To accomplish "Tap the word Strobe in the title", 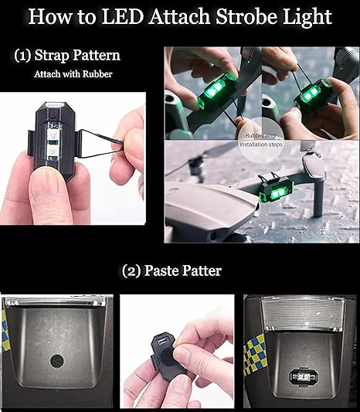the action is [x=245, y=16].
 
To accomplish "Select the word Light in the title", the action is [x=307, y=18].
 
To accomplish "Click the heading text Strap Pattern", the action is [x=77, y=56].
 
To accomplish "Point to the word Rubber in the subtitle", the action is [x=97, y=74].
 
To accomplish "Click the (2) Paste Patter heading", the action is [x=172, y=271].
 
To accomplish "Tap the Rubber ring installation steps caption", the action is [x=261, y=140].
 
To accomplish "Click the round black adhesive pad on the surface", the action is [x=56, y=361].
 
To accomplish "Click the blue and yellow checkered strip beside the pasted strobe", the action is [x=255, y=354].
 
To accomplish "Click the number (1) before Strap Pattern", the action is [x=22, y=56].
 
